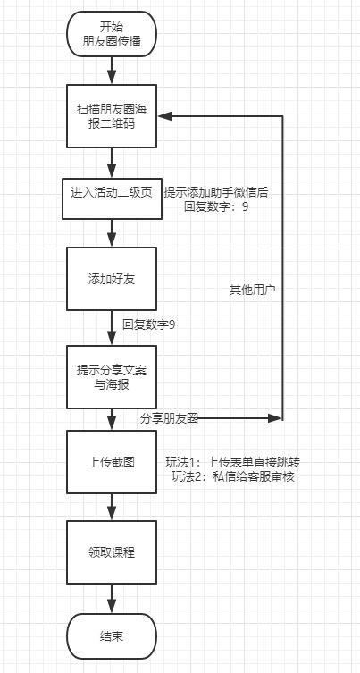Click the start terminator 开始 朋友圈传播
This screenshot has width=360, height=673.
click(x=111, y=34)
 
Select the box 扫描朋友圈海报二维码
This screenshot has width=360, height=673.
click(x=111, y=116)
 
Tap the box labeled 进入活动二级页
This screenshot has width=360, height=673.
click(x=112, y=198)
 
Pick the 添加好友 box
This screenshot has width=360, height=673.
click(x=111, y=279)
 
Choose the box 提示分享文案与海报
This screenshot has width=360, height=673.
click(x=111, y=377)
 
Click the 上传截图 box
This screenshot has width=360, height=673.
click(x=111, y=462)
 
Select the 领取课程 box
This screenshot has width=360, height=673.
click(x=111, y=552)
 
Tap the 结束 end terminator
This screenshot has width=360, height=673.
click(x=111, y=636)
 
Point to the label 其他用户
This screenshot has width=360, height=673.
click(x=252, y=290)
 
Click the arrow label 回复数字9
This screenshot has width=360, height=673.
click(x=148, y=324)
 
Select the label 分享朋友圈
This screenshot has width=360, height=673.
click(x=169, y=419)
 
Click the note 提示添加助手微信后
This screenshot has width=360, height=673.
click(x=216, y=193)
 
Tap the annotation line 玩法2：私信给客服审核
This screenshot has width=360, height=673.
click(x=232, y=477)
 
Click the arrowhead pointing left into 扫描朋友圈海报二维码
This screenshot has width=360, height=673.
click(x=164, y=116)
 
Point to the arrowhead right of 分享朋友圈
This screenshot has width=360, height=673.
click(x=274, y=418)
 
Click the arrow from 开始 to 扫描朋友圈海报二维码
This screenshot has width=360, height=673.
click(x=112, y=71)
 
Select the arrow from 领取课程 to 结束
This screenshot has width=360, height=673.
click(x=112, y=599)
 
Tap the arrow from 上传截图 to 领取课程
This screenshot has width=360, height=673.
click(x=112, y=507)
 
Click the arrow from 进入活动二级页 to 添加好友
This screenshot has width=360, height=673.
click(x=112, y=233)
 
